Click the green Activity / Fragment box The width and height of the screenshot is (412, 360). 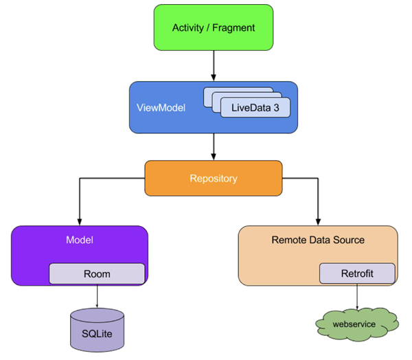click(x=214, y=27)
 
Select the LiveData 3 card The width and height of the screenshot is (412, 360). click(x=255, y=107)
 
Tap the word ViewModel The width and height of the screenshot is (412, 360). click(x=161, y=108)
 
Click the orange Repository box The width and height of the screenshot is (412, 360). click(x=214, y=179)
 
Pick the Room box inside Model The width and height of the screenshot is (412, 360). click(x=97, y=273)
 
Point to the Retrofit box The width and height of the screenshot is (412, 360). click(x=357, y=273)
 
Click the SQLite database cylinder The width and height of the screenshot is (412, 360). click(x=97, y=330)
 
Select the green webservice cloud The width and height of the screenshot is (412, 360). click(x=357, y=324)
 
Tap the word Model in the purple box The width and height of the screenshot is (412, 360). click(x=80, y=240)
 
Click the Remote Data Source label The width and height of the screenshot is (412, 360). click(x=318, y=240)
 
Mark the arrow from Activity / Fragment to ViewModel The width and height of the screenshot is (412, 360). click(x=214, y=66)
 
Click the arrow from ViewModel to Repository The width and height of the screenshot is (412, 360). click(x=214, y=147)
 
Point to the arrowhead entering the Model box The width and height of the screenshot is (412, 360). click(x=80, y=222)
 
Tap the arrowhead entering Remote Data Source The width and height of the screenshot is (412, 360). click(x=318, y=222)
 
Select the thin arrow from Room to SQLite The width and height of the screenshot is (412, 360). click(x=97, y=296)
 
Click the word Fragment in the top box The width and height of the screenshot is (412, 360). click(x=233, y=27)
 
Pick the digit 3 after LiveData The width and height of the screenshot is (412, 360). click(x=276, y=108)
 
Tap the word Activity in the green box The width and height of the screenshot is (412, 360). click(x=188, y=27)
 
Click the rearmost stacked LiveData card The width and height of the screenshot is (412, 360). click(x=238, y=89)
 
